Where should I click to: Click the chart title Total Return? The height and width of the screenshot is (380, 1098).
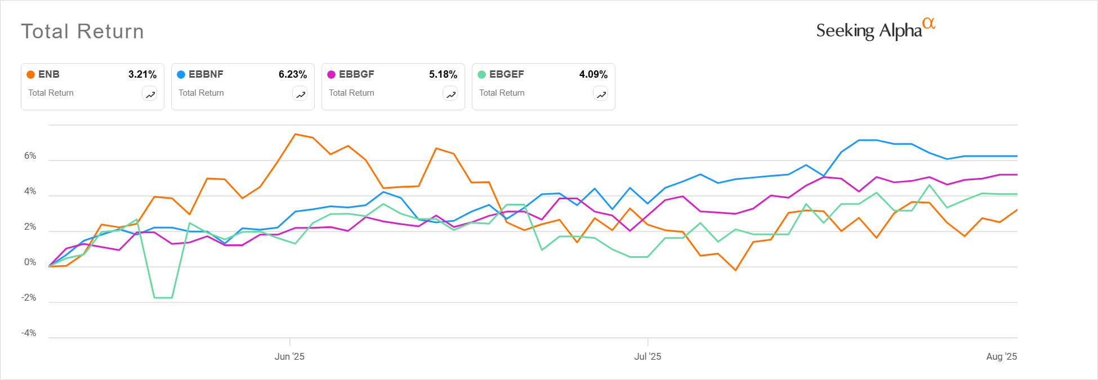click(x=82, y=32)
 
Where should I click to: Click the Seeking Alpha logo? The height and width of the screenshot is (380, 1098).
click(x=875, y=30)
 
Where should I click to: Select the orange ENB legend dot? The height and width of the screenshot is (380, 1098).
click(x=31, y=74)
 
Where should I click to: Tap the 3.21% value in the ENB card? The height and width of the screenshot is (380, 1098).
click(x=142, y=74)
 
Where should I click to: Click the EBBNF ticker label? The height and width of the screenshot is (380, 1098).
click(x=206, y=74)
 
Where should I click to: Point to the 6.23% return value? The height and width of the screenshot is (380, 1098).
click(x=293, y=74)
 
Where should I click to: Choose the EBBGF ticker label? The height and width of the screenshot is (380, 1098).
click(x=356, y=74)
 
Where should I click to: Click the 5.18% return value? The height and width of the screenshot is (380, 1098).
click(x=443, y=74)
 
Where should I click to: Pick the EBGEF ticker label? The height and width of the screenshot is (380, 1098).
click(x=506, y=74)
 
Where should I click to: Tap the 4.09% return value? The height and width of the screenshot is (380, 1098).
click(x=593, y=74)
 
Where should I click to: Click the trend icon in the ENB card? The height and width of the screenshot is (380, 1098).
click(x=150, y=95)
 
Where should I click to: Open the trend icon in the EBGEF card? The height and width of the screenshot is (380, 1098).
click(x=601, y=95)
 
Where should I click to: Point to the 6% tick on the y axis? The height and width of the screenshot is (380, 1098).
click(x=30, y=156)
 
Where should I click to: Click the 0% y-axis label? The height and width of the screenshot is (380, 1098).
click(x=30, y=262)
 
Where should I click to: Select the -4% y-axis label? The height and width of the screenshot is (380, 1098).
click(x=29, y=333)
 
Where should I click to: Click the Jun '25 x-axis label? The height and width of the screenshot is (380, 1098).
click(x=289, y=356)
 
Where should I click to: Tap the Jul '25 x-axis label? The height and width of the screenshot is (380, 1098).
click(x=648, y=356)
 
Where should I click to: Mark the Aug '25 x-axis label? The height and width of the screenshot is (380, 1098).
click(x=1001, y=356)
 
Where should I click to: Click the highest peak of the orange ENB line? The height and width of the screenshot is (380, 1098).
click(x=295, y=134)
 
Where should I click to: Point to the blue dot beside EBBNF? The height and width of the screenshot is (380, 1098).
click(x=181, y=74)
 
